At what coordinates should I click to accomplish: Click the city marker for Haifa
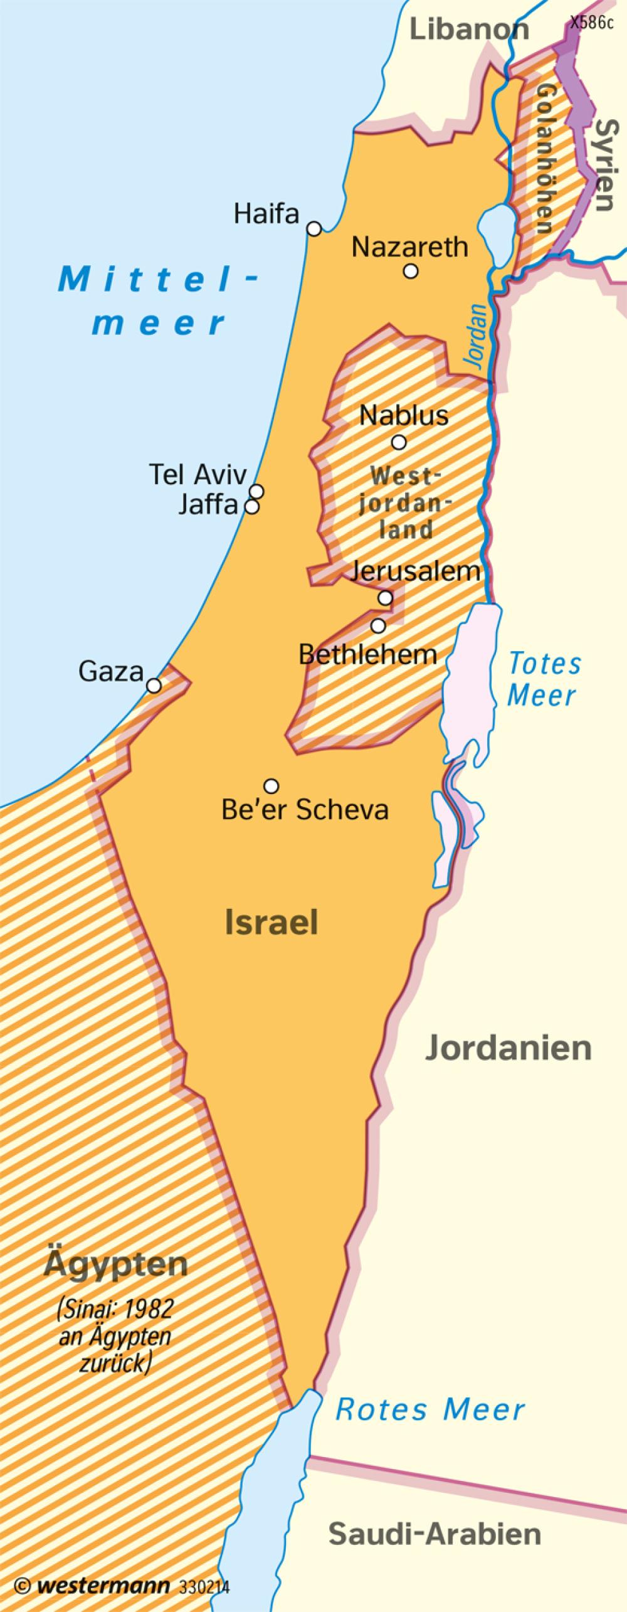[x=314, y=229]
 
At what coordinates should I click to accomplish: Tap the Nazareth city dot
[x=411, y=271]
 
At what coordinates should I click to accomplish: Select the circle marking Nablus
[x=399, y=443]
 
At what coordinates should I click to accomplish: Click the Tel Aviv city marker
[x=256, y=491]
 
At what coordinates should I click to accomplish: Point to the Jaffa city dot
[x=251, y=506]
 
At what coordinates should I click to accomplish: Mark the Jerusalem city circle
[x=386, y=598]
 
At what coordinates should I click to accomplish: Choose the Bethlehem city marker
[x=378, y=625]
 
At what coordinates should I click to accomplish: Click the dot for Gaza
[x=154, y=686]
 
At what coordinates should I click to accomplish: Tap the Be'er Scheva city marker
[x=271, y=785]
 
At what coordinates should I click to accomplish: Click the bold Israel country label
[x=271, y=923]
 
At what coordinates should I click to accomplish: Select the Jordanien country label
[x=508, y=1048]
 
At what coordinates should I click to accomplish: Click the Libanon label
[x=470, y=29]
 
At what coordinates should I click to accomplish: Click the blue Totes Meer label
[x=544, y=679]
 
